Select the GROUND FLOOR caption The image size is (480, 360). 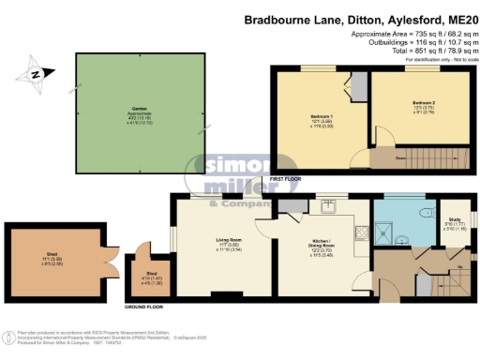click(145, 307)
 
